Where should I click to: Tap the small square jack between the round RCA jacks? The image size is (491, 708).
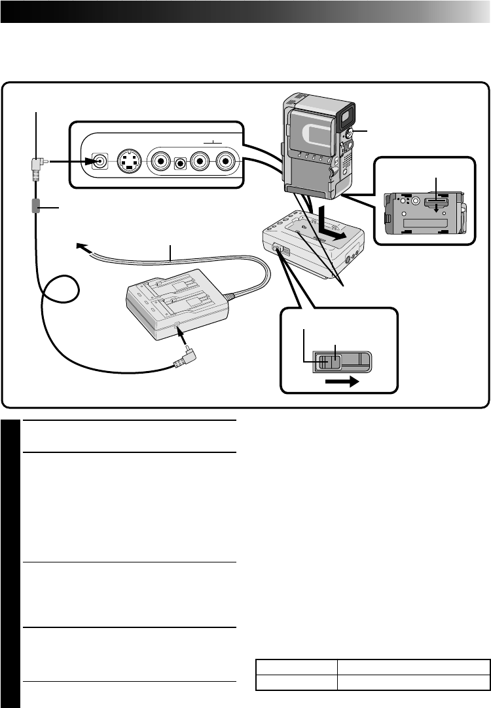pyautogui.click(x=178, y=161)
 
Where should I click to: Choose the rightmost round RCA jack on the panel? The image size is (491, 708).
pyautogui.click(x=226, y=161)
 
